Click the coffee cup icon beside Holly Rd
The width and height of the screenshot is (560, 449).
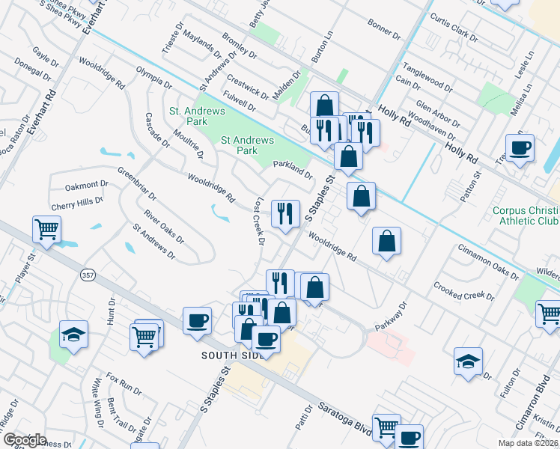coord(519,147)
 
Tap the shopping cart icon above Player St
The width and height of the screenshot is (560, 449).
coord(47,230)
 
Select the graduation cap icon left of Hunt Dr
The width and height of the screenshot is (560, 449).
coord(74,334)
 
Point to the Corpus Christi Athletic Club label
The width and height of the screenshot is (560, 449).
coord(526,216)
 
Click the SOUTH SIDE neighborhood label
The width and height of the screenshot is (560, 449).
coord(231,355)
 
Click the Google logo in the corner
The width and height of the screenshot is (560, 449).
coord(25,440)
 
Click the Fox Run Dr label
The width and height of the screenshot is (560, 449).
coord(124,383)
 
